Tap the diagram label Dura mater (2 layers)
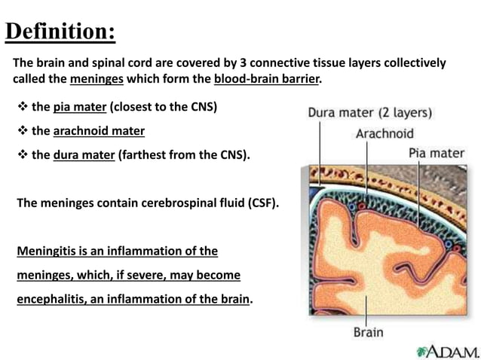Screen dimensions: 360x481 (x=369, y=114)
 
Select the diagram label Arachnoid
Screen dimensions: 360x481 (x=384, y=134)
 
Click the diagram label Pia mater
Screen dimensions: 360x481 (x=437, y=153)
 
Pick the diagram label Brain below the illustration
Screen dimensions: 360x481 (x=368, y=332)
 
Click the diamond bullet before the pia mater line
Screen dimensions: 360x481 (x=22, y=107)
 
